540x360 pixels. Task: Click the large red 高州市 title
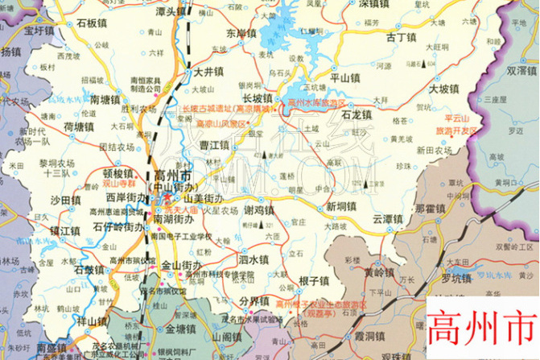(482, 330)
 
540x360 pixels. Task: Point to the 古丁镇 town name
(400, 37)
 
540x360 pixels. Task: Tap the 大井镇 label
(208, 72)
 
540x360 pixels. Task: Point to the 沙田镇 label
(66, 200)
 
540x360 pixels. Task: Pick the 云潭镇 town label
(387, 218)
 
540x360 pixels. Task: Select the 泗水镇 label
(253, 259)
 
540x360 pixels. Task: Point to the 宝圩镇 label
(38, 31)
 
